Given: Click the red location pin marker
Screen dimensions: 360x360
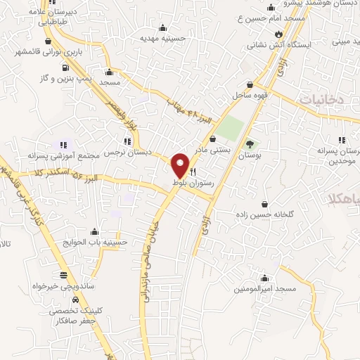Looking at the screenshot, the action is coord(181,165).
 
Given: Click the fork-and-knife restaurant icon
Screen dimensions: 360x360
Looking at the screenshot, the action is coord(193,171).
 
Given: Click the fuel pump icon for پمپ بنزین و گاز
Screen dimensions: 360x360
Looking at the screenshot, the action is coord(66,68).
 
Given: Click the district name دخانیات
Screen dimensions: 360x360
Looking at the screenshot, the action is coord(320,100).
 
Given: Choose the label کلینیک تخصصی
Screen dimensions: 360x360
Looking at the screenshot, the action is coord(71,311).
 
